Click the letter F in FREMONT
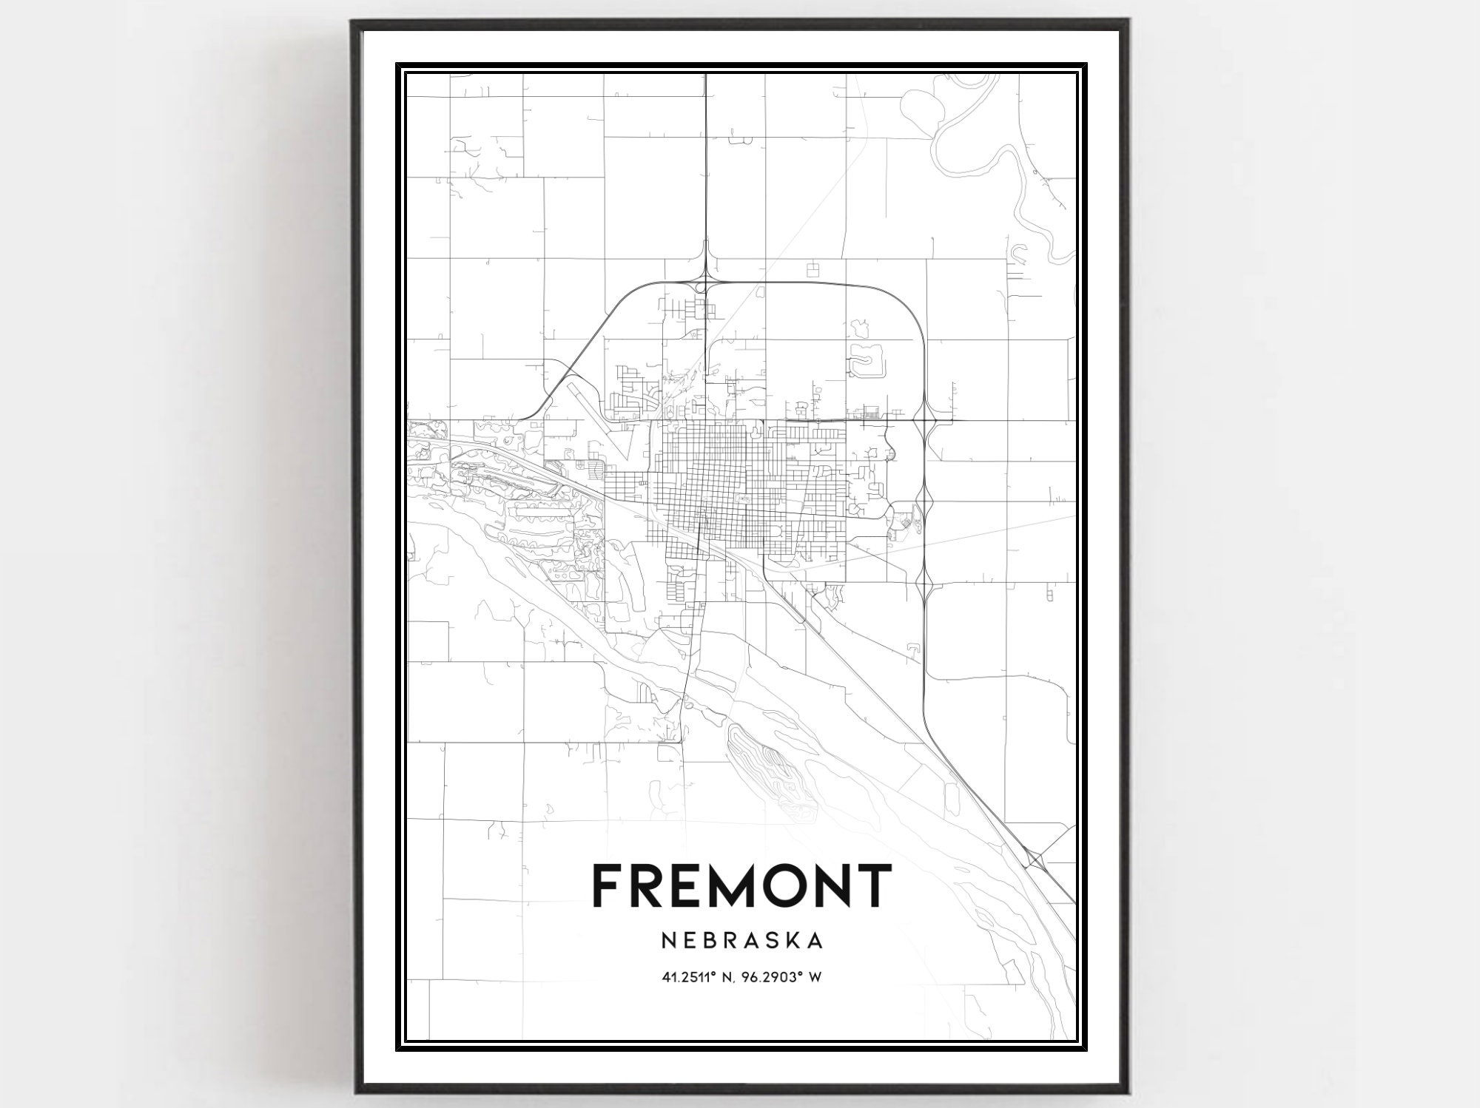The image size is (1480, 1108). pyautogui.click(x=608, y=885)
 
